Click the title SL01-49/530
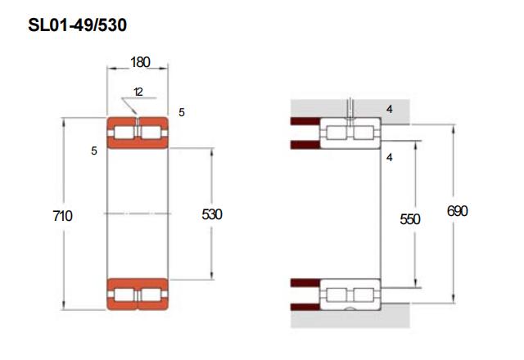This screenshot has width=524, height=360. tap(78, 25)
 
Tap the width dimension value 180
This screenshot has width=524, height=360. tap(140, 62)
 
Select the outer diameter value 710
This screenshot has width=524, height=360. tap(62, 216)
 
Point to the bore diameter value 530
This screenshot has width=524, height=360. tap(212, 214)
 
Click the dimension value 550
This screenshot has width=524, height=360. tap(409, 219)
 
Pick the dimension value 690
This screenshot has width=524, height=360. tap(457, 211)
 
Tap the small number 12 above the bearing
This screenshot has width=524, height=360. tap(138, 92)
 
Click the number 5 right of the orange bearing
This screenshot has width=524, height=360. tap(182, 113)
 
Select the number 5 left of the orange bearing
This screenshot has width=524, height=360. tap(94, 151)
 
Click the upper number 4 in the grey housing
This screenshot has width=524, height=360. tap(390, 109)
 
